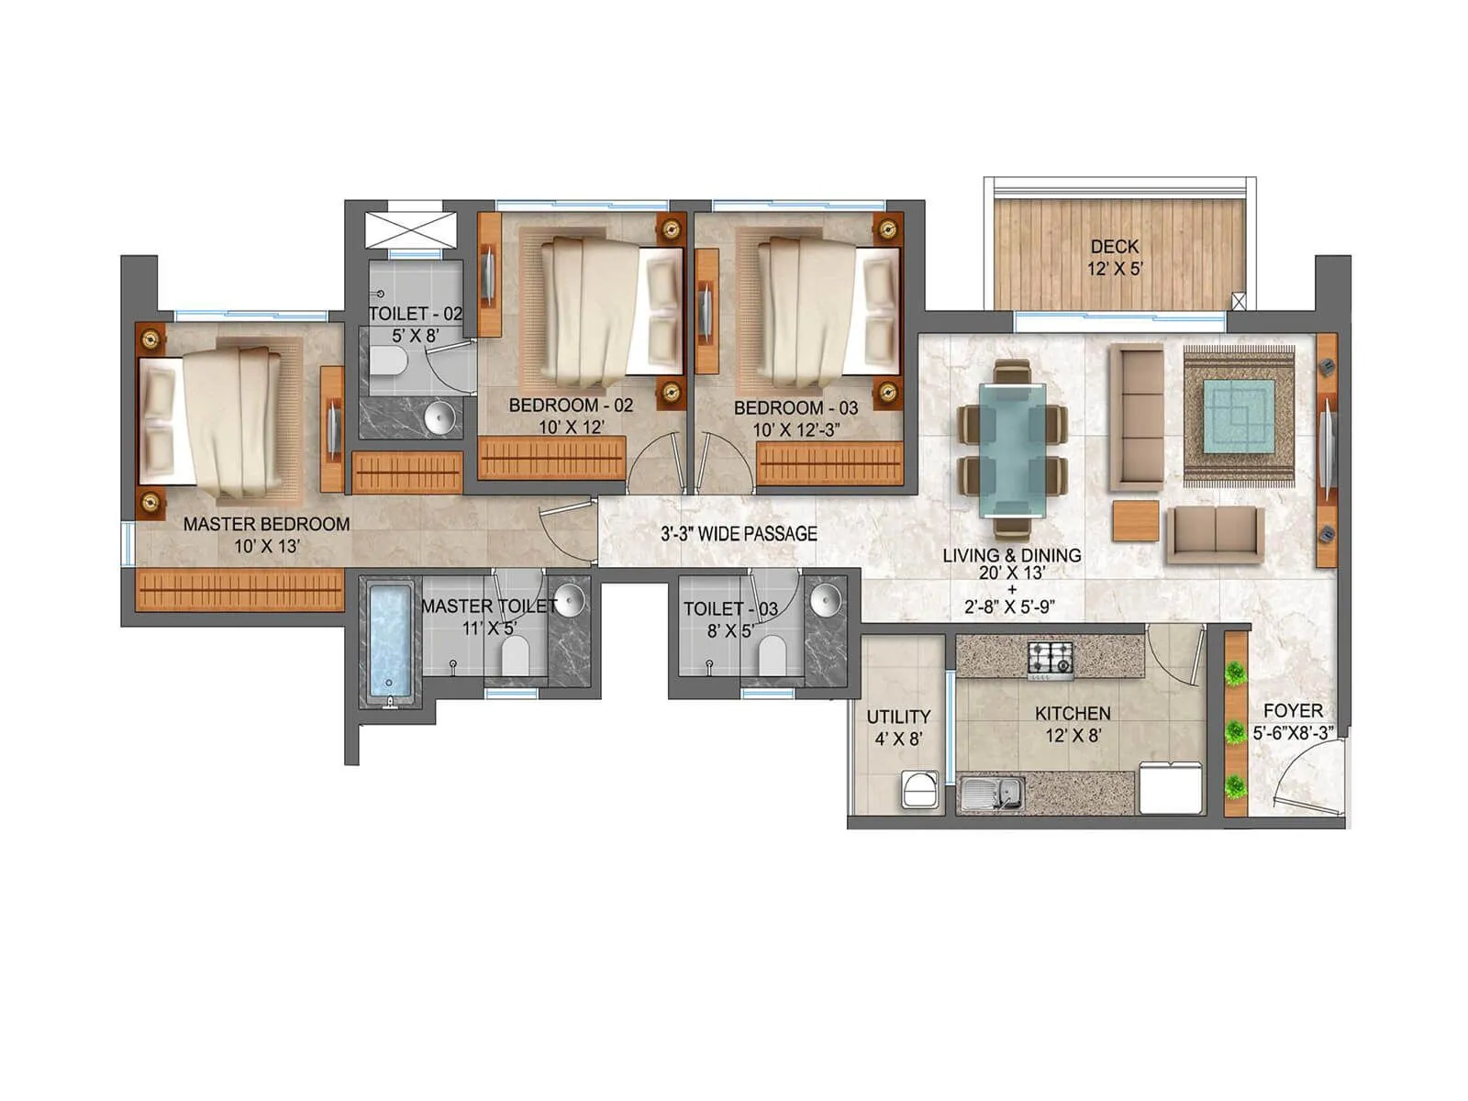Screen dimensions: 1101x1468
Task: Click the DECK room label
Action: coord(1114,247)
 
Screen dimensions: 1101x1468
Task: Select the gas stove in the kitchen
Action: coord(1050,659)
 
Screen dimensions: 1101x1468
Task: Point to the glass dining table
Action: coord(1011,450)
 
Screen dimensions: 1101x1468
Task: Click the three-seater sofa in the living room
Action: coord(1137,417)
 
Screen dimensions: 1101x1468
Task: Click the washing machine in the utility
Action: coord(920,790)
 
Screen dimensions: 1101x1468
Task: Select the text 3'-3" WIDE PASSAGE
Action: coord(739,534)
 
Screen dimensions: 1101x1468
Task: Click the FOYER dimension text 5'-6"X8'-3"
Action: coord(1292,733)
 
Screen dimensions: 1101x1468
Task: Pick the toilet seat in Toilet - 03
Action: coord(773,655)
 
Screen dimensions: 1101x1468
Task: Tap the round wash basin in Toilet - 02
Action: coord(441,417)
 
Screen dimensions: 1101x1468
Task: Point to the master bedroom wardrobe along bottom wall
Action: coord(239,589)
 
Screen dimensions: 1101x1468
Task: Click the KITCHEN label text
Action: coord(1072,714)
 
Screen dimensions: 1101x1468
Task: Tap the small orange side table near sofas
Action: coord(1136,520)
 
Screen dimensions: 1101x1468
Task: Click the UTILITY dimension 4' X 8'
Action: coord(897,739)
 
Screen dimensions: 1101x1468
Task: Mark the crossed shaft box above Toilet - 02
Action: coord(410,230)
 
